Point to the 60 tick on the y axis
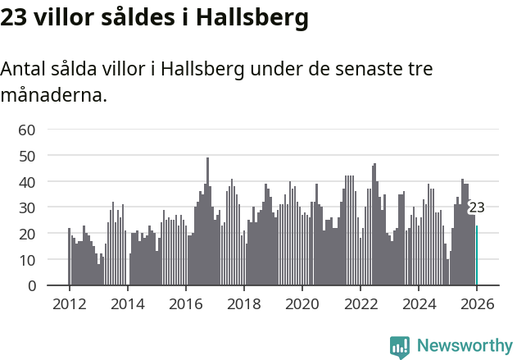click(x=27, y=130)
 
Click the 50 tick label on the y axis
click(x=27, y=156)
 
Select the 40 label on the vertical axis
click(x=27, y=181)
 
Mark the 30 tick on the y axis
click(x=27, y=207)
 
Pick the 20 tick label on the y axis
click(x=27, y=234)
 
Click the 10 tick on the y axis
click(x=27, y=260)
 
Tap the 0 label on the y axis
click(x=31, y=286)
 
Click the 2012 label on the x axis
click(x=69, y=303)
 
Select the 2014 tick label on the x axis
click(x=127, y=303)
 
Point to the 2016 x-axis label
click(x=185, y=303)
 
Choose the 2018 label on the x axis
click(x=243, y=303)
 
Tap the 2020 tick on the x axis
click(x=302, y=303)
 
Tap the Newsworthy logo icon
click(x=400, y=346)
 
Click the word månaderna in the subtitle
click(x=52, y=95)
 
